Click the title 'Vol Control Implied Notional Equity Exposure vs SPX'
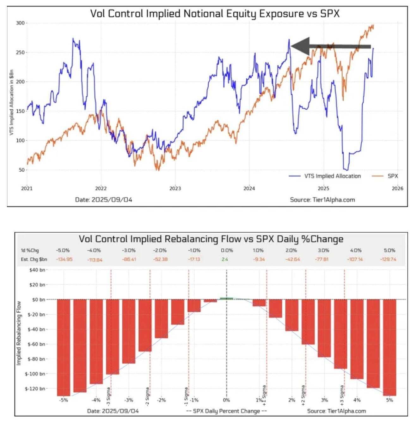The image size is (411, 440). [x=215, y=14]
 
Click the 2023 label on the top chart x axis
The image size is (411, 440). [x=175, y=189]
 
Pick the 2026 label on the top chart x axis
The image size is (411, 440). [x=397, y=189]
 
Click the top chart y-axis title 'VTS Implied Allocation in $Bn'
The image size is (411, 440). [x=11, y=104]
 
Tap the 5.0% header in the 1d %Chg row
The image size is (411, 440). [x=390, y=250]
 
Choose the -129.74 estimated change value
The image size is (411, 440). [x=388, y=259]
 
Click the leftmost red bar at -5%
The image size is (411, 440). [x=64, y=347]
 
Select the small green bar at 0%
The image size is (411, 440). [x=226, y=298]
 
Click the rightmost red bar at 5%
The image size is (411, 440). [x=390, y=347]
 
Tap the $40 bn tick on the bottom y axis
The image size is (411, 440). [x=38, y=270]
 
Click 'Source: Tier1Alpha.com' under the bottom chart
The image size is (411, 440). [x=336, y=411]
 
